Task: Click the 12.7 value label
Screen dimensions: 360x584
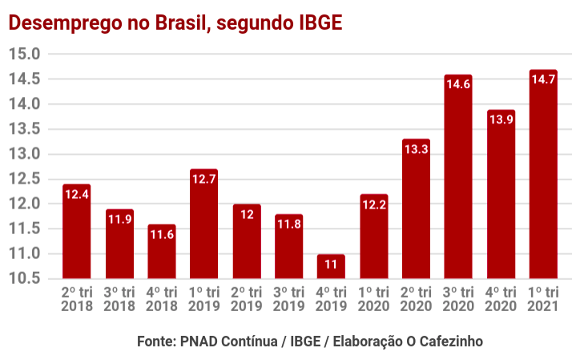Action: tap(204, 179)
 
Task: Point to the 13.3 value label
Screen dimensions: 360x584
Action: tap(416, 149)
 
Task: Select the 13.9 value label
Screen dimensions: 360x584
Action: tap(501, 119)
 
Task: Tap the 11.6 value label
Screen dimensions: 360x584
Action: tap(162, 234)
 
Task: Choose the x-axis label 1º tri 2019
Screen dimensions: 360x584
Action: tap(204, 299)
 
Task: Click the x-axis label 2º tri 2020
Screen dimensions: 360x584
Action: tap(416, 299)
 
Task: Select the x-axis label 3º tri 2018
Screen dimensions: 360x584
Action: tap(119, 299)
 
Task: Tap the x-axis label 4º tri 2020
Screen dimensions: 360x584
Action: tap(501, 299)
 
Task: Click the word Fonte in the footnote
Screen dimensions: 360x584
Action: tap(155, 341)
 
